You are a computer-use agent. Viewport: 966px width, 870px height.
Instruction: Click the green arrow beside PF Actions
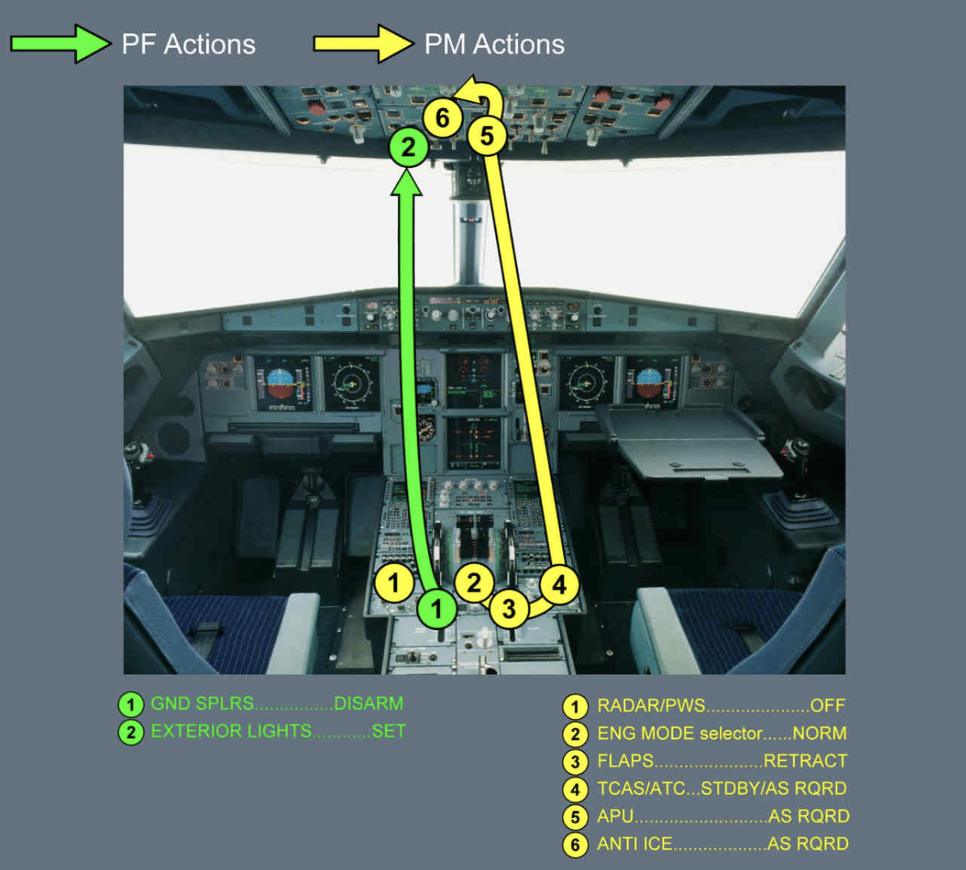coord(61,44)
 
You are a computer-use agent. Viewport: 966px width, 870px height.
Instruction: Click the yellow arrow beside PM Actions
coord(363,44)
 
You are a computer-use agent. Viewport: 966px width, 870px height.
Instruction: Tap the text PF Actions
coord(189,44)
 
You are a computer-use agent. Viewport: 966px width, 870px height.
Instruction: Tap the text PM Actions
coord(494,44)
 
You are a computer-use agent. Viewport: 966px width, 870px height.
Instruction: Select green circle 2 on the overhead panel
coord(409,147)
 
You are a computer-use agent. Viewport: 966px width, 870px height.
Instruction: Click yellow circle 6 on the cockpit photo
coord(442,118)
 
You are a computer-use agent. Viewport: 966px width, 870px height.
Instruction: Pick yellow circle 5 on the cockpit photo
coord(486,135)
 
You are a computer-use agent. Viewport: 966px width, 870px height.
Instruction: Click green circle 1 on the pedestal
coord(437,608)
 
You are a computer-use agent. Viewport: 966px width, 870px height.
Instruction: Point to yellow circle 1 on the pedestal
coord(394,583)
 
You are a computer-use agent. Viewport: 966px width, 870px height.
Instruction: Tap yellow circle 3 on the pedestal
coord(508,608)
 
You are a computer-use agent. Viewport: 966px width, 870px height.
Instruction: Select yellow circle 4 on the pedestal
coord(559,584)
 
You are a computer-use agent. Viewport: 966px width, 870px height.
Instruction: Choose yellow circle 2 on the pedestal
coord(474,583)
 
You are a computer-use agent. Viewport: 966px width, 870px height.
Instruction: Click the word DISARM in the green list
coord(368,703)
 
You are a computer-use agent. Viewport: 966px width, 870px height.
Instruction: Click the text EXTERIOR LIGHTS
coord(231,731)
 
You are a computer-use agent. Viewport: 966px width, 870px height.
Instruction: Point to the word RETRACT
coord(805,761)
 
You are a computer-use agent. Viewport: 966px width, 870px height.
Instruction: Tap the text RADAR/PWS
coord(650,706)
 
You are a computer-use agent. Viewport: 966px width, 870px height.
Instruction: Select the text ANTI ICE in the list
coord(634,844)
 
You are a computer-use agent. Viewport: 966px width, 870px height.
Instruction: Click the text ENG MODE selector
coord(680,733)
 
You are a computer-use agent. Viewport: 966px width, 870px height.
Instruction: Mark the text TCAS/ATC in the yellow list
coord(641,788)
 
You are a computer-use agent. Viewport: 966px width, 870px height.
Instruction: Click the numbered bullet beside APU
coord(575,817)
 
